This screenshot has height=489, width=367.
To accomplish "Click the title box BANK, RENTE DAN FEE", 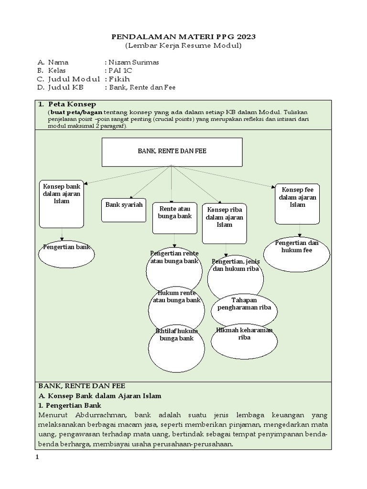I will (x=172, y=151).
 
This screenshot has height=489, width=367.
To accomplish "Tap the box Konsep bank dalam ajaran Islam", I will (x=62, y=204).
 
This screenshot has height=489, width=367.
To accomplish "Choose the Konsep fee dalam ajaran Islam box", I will (x=297, y=203).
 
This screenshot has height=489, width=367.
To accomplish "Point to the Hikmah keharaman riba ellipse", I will (x=244, y=340).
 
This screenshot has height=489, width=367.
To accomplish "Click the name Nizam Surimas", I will (x=133, y=62).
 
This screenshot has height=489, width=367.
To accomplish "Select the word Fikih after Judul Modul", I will (x=119, y=79).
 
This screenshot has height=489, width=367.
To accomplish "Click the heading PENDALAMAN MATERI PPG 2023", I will (x=183, y=37).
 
